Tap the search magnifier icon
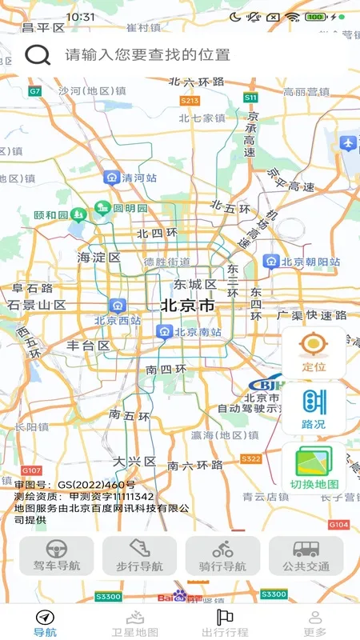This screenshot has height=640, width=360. (38, 54)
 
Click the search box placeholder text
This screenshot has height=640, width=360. (148, 54)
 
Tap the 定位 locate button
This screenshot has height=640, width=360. (314, 353)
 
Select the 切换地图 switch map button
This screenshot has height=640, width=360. (314, 469)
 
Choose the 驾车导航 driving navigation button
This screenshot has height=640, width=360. (57, 556)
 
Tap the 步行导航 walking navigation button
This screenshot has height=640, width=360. (140, 556)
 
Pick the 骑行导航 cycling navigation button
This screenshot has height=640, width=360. (223, 556)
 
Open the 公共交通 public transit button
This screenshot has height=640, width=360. (306, 556)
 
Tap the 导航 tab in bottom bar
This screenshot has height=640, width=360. (45, 622)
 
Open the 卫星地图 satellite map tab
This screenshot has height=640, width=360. (135, 622)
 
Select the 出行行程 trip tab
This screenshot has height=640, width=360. (225, 622)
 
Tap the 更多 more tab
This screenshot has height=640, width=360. (314, 622)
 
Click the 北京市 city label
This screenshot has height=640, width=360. (187, 305)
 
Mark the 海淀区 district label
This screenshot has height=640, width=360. (98, 258)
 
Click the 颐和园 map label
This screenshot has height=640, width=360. (52, 215)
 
